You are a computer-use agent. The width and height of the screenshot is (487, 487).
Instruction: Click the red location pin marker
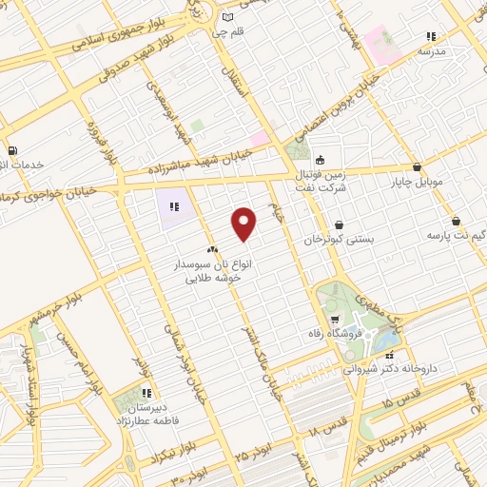[244, 224]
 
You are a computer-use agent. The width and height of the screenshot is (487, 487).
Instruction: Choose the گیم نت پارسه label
[454, 234]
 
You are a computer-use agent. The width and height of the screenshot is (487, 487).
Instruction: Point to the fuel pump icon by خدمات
[10, 149]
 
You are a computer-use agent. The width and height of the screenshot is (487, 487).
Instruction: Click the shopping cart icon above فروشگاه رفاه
[336, 318]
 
